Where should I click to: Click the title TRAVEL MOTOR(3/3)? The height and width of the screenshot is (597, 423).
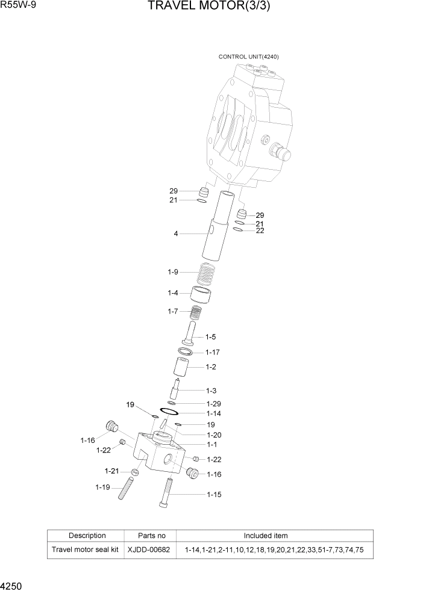[213, 8]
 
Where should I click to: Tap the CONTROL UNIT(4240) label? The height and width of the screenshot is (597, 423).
[248, 57]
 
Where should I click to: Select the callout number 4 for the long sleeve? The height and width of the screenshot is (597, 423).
[176, 234]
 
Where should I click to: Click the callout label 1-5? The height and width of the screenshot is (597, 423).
[210, 336]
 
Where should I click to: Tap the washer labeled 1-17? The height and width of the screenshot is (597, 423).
[186, 351]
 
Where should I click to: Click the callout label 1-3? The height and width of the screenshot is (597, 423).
[211, 391]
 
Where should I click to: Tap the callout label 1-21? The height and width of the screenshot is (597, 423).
[111, 471]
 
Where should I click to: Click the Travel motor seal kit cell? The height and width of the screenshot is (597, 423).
[85, 550]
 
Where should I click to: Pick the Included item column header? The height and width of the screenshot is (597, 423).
[265, 536]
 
